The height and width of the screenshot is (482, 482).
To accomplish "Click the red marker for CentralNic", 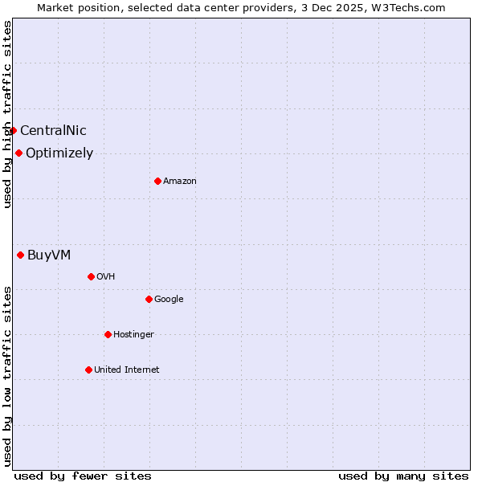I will (x=13, y=130).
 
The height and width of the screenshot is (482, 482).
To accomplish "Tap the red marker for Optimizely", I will (x=18, y=153).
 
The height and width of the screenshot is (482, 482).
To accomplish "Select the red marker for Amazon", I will (x=157, y=181).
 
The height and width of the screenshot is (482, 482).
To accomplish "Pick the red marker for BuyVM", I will (x=20, y=255).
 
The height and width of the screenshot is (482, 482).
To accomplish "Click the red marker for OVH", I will (x=91, y=276).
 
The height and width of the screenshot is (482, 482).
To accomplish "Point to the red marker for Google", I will (x=149, y=299).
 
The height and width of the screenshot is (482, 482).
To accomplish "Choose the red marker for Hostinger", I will (x=108, y=334).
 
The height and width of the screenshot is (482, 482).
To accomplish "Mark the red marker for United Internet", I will (x=88, y=370).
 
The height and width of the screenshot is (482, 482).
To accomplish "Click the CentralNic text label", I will (x=53, y=130).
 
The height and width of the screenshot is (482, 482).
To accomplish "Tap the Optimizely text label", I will (x=59, y=153).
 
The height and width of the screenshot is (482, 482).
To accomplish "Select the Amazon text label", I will (x=180, y=181).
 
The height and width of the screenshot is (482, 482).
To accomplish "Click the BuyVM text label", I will (x=49, y=255).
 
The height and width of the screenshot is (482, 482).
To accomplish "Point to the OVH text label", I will (x=105, y=276).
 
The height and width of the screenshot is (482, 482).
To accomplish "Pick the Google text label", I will (x=169, y=299).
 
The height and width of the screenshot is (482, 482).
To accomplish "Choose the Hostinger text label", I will (x=133, y=334).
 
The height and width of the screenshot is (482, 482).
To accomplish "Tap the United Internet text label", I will (x=127, y=370).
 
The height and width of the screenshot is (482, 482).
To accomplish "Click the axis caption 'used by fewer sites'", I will (x=83, y=476).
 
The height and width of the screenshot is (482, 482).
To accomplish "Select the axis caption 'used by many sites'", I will (x=403, y=476).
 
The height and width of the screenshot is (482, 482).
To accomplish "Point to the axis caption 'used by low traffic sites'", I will (x=7, y=375).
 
